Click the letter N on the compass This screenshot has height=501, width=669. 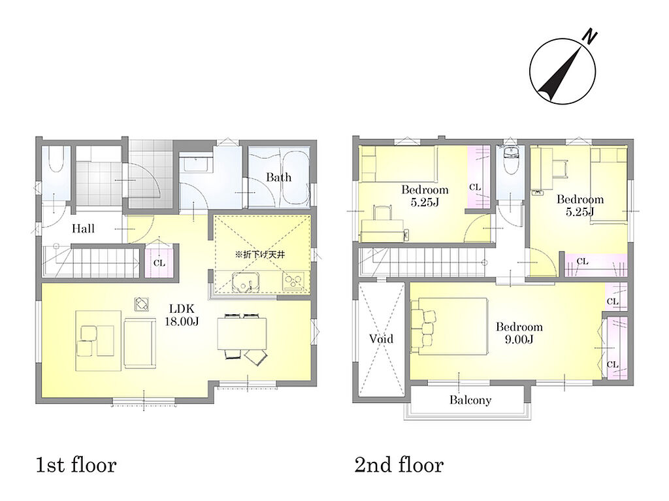[x=590, y=37]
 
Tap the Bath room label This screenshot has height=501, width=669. [x=278, y=177]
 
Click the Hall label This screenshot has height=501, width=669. [x=83, y=229]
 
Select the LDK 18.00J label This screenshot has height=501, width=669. [x=182, y=315]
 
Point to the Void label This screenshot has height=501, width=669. [x=381, y=339]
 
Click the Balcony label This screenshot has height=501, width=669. [x=470, y=400]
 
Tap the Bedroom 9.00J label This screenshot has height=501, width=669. [x=519, y=333]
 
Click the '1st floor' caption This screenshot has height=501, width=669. [x=76, y=465]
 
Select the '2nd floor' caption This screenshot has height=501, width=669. [x=399, y=465]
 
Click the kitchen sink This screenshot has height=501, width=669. [x=246, y=282]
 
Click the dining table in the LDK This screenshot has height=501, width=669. [x=242, y=333]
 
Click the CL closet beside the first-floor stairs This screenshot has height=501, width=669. [x=159, y=261]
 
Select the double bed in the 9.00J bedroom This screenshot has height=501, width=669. [x=449, y=327]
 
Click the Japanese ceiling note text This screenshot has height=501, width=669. [x=260, y=255]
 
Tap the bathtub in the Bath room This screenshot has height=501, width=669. [x=295, y=178]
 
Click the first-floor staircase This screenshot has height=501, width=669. [x=91, y=262]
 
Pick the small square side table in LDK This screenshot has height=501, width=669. [x=142, y=304]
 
